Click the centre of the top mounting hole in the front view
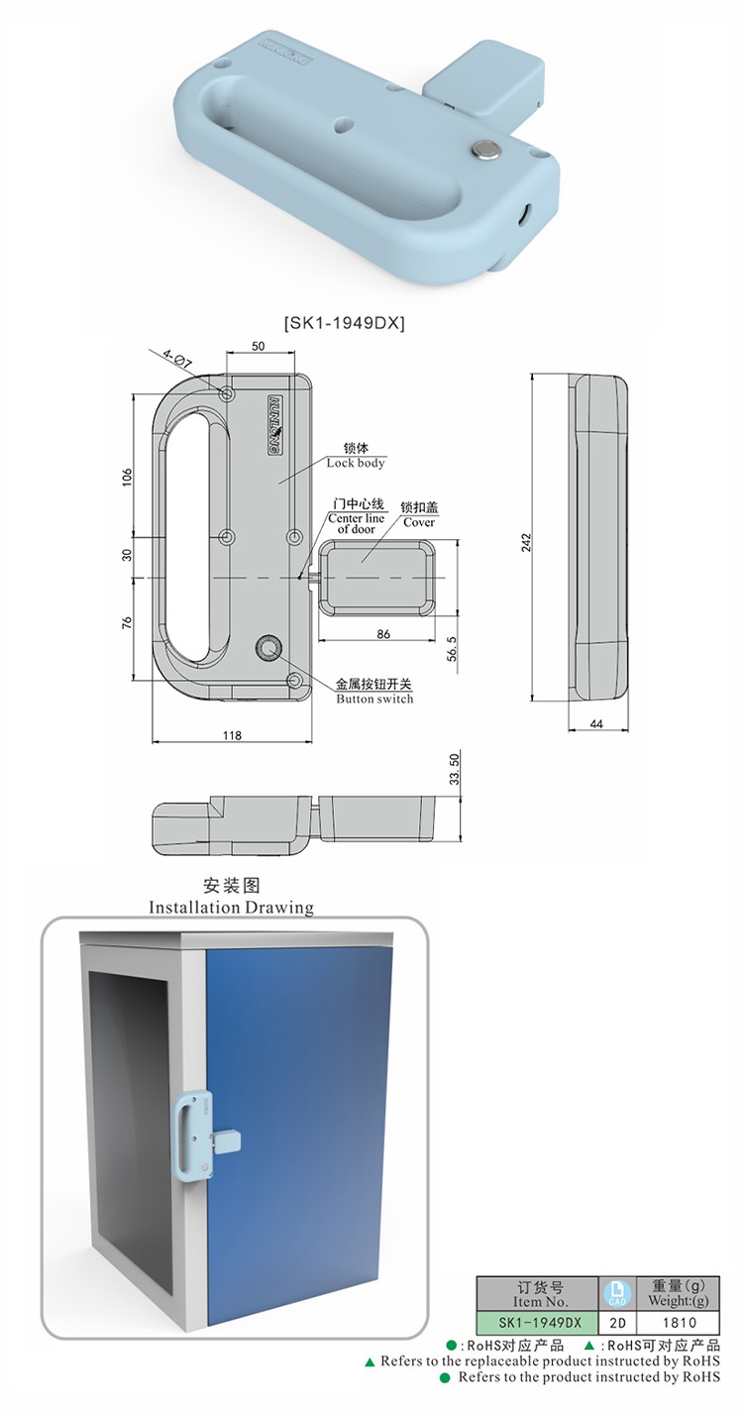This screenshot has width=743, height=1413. coord(227,393)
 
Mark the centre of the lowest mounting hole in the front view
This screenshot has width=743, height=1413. coord(294,680)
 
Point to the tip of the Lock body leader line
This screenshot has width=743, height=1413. coord(279,484)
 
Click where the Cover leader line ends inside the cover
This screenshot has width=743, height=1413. coord(362,561)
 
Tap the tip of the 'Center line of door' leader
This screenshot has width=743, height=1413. coord(300,577)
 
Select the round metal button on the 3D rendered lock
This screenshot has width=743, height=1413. coord(486,149)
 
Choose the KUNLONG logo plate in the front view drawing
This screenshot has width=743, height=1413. coord(275,425)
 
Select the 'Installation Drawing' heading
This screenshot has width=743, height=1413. coord(231,907)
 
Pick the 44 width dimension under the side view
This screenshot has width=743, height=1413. coord(596,724)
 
